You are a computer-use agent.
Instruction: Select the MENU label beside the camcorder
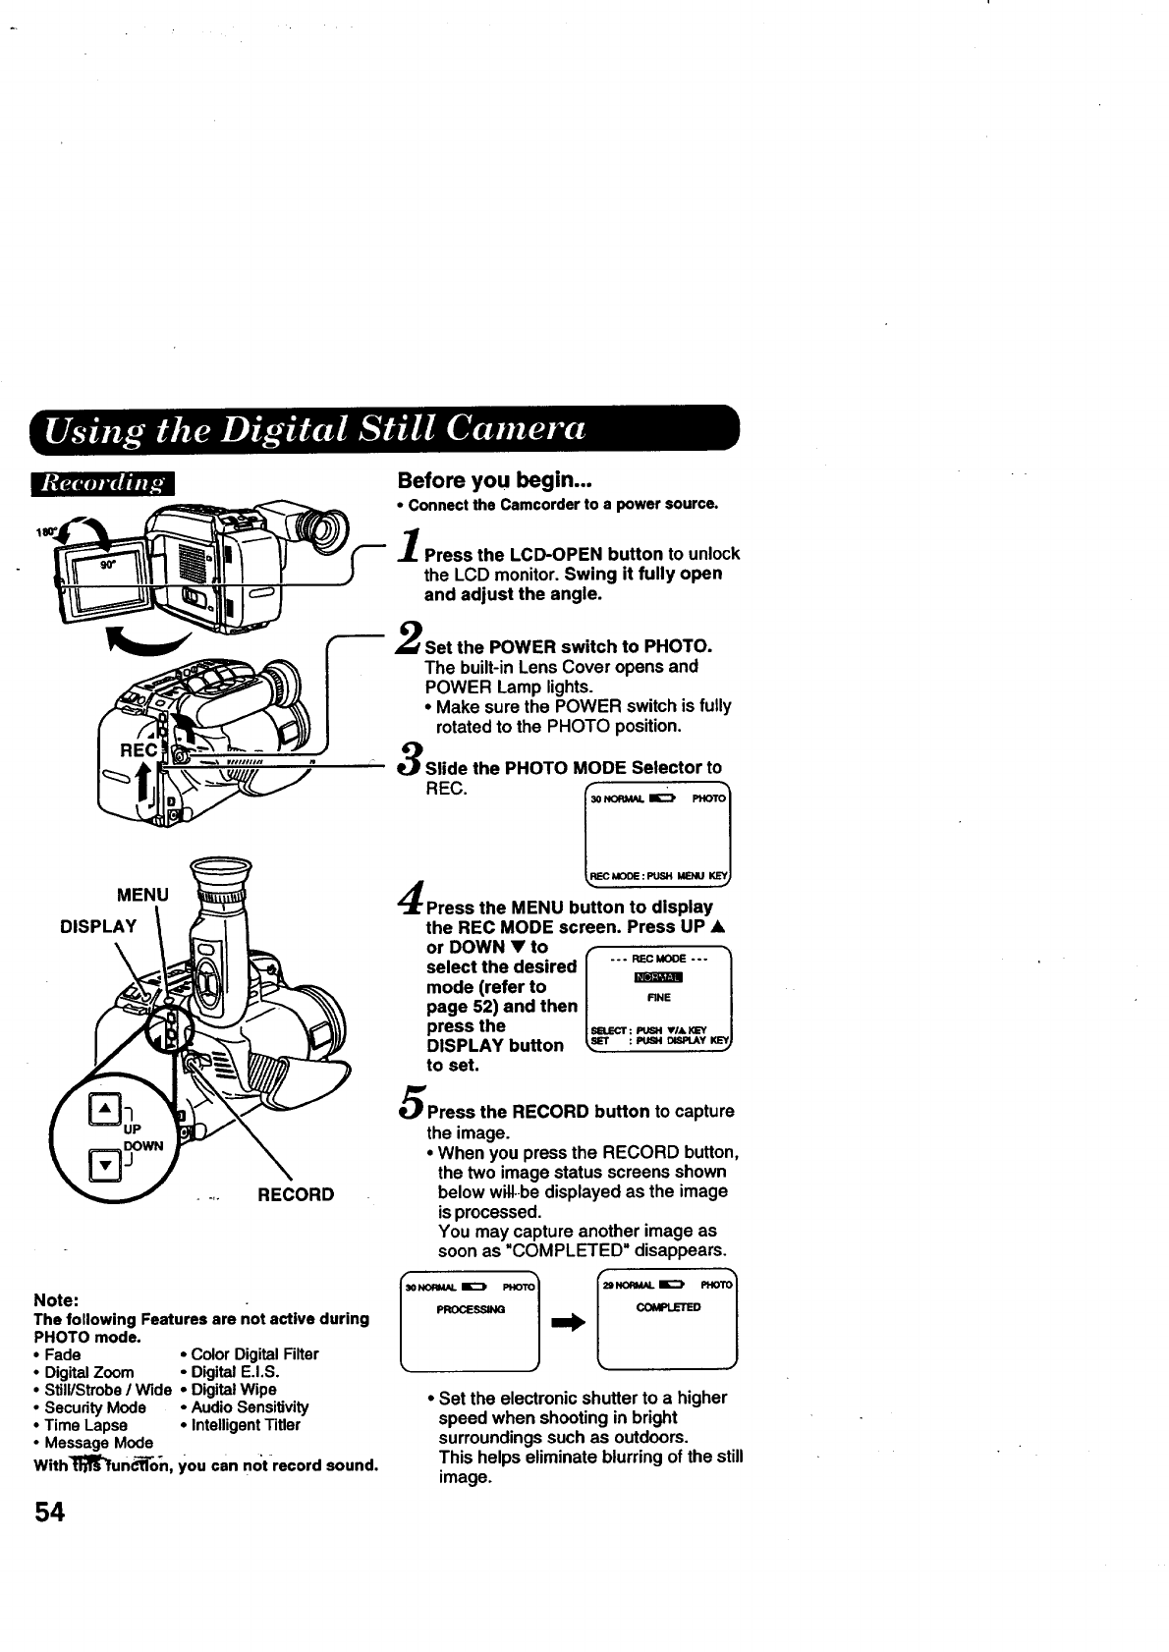[x=142, y=895]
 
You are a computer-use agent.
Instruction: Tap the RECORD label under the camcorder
[x=295, y=1194]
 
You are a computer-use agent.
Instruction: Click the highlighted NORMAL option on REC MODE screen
[x=658, y=977]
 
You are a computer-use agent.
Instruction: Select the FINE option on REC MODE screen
[x=658, y=998]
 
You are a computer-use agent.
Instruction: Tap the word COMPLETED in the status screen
[x=668, y=1307]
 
